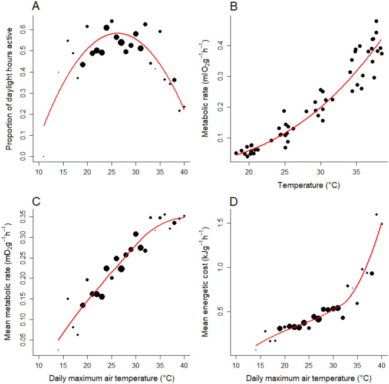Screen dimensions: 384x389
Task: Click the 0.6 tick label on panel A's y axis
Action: click(23, 28)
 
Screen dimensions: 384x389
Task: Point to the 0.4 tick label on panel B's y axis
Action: click(220, 45)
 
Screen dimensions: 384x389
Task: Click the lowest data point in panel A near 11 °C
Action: click(44, 156)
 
